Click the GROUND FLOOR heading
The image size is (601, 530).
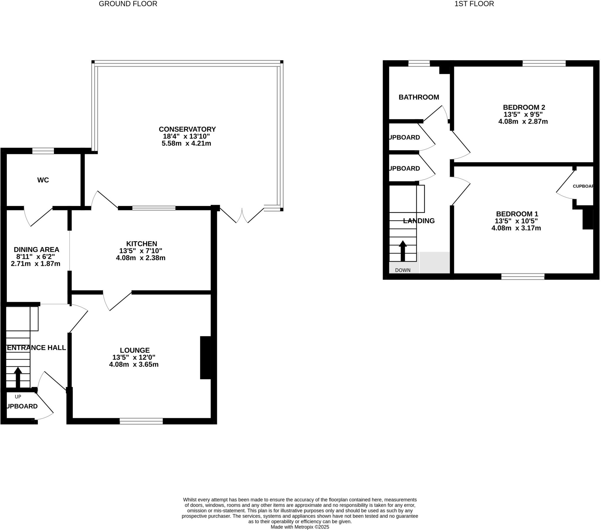128,4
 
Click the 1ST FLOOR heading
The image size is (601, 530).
474,4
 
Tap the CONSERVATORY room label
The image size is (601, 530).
187,129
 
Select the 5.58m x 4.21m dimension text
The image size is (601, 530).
186,144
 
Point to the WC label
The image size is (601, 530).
43,180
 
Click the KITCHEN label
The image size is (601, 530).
141,244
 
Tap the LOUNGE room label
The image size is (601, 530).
135,350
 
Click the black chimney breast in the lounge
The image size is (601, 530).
205,358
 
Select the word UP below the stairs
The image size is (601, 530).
18,397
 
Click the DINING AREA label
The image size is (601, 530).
36,249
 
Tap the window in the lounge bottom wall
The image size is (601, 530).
141,421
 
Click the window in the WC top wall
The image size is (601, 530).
43,151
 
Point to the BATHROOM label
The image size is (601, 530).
419,97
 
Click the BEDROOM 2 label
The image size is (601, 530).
524,107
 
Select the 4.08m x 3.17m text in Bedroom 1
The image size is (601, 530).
516,228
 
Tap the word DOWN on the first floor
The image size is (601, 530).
403,270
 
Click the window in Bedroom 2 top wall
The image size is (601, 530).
544,63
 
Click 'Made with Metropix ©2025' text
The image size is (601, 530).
300,527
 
